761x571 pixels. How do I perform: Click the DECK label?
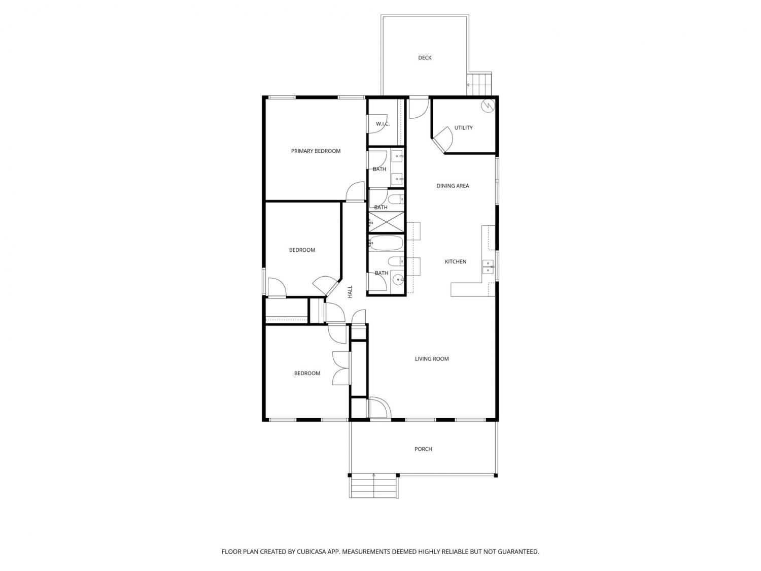tap(424, 58)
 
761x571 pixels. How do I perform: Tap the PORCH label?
tap(423, 449)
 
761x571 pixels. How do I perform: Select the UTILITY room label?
tap(463, 128)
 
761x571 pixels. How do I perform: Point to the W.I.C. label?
tap(383, 124)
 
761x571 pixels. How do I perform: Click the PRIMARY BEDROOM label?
tap(316, 151)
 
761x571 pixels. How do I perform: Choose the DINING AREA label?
tap(453, 186)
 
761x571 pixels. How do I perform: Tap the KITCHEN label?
tap(455, 262)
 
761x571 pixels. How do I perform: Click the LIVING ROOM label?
tap(432, 359)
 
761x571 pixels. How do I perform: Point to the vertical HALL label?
tap(350, 291)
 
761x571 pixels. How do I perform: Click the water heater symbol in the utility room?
tap(488, 105)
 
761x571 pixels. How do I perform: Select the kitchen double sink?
tap(488, 266)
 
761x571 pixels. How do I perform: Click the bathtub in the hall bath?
tap(386, 243)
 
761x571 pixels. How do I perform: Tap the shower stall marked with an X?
tap(386, 222)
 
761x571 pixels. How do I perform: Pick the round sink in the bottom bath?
tap(398, 278)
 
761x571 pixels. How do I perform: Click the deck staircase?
tap(479, 84)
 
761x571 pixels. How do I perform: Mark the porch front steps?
tap(374, 486)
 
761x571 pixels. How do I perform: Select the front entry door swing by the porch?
tap(379, 408)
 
